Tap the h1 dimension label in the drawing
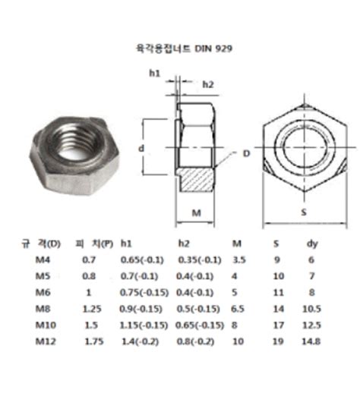(x=154, y=73)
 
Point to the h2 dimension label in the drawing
(x=207, y=84)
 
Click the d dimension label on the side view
(x=141, y=149)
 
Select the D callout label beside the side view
(x=245, y=154)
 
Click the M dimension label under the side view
(x=195, y=213)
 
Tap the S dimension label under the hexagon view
(x=303, y=213)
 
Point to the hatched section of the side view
(x=197, y=181)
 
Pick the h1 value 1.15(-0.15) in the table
(x=144, y=325)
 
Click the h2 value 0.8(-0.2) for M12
(x=197, y=341)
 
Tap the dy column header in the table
(x=311, y=243)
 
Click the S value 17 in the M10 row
(x=278, y=325)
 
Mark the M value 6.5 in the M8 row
(x=238, y=309)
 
